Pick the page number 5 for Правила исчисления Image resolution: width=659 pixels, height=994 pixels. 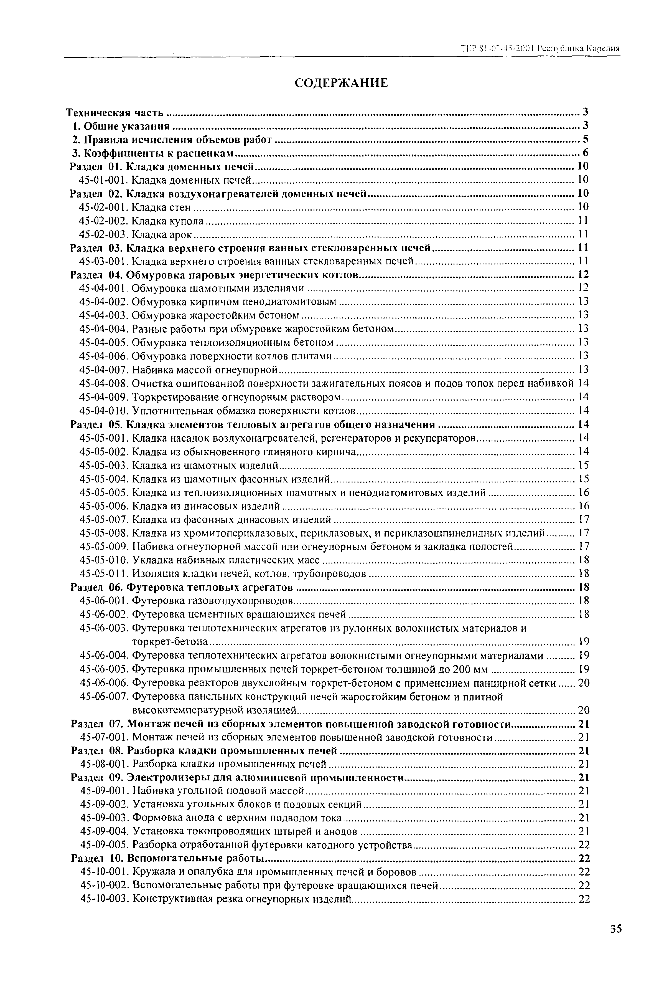(x=585, y=139)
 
